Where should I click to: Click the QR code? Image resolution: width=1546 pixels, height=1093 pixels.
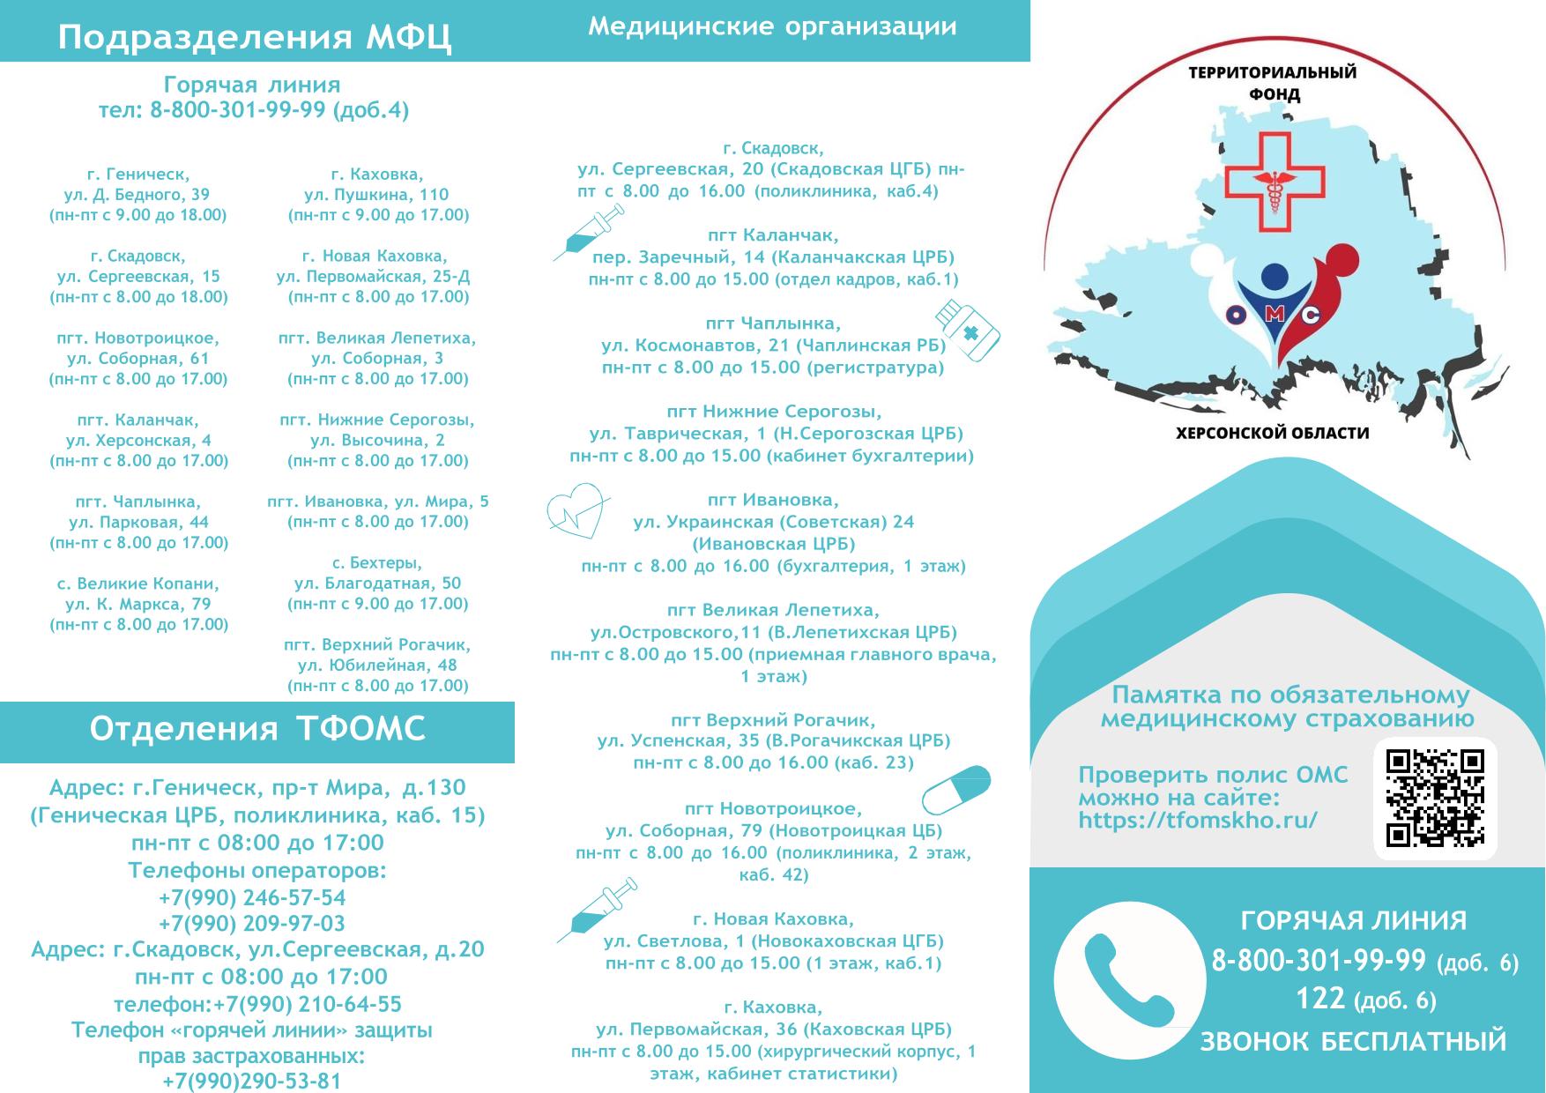pyautogui.click(x=1435, y=798)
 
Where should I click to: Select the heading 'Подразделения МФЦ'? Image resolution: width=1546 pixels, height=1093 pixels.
pyautogui.click(x=255, y=38)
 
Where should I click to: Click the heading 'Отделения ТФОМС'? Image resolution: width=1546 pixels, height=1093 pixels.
pyautogui.click(x=257, y=729)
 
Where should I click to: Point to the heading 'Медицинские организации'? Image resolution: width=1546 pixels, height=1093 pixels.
pyautogui.click(x=772, y=26)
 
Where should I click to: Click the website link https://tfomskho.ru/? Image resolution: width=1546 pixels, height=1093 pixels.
pyautogui.click(x=1198, y=820)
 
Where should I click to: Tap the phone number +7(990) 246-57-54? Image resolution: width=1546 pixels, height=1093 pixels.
pyautogui.click(x=252, y=897)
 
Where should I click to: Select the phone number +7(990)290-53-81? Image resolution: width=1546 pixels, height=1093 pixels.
pyautogui.click(x=252, y=1081)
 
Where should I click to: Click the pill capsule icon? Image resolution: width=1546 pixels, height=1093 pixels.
pyautogui.click(x=956, y=790)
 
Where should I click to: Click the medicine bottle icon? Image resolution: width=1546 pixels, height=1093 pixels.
pyautogui.click(x=967, y=330)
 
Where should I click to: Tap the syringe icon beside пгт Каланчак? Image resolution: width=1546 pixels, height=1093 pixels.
pyautogui.click(x=588, y=232)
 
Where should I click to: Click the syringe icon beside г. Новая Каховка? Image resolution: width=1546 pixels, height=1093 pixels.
pyautogui.click(x=597, y=910)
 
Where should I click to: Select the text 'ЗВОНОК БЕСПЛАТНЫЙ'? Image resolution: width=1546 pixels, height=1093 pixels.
pyautogui.click(x=1353, y=1041)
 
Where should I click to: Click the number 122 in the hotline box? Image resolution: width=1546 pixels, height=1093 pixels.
pyautogui.click(x=1320, y=998)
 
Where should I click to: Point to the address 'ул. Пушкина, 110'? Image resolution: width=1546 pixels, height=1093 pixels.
pyautogui.click(x=376, y=194)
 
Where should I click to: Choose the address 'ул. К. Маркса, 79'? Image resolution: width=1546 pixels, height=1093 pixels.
pyautogui.click(x=138, y=604)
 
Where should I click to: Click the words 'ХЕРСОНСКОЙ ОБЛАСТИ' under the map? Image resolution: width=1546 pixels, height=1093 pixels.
pyautogui.click(x=1273, y=433)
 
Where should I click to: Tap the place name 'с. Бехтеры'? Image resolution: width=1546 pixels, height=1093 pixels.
pyautogui.click(x=377, y=562)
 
